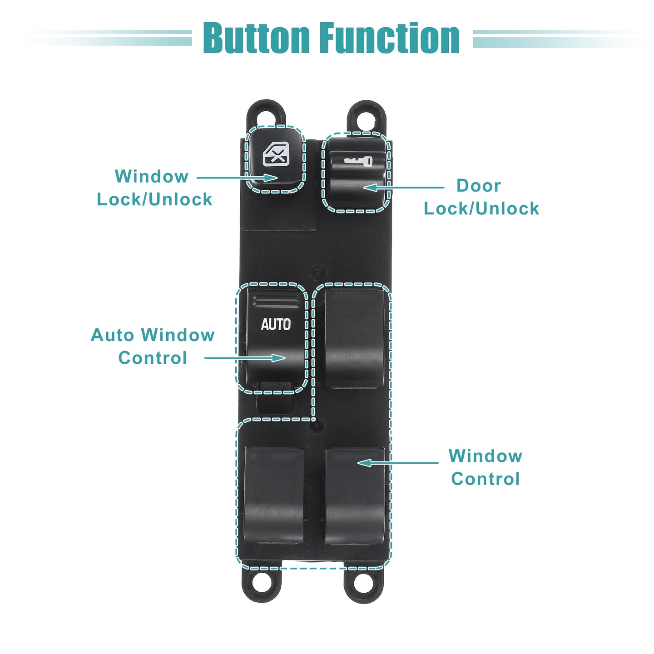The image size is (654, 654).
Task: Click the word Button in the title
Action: tap(257, 38)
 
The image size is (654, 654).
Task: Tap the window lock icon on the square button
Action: tap(276, 154)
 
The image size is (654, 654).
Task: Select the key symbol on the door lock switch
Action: tap(358, 161)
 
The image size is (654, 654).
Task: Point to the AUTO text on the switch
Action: tap(276, 324)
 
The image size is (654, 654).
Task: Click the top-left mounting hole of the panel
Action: tap(267, 117)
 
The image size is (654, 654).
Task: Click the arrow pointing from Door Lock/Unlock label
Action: tap(404, 187)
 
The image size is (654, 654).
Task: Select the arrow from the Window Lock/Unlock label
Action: tap(237, 178)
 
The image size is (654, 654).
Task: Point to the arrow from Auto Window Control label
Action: tap(245, 358)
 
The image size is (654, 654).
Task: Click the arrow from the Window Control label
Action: tap(398, 463)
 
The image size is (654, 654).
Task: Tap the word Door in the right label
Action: tap(479, 186)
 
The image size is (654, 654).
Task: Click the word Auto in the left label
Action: tap(112, 335)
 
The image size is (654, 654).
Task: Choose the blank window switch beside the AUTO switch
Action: tap(355, 338)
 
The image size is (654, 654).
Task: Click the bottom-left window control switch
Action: tap(274, 496)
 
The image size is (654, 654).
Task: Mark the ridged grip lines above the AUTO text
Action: tap(277, 301)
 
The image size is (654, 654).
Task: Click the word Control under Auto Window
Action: tap(153, 358)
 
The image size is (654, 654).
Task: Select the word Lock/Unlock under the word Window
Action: tap(154, 199)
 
